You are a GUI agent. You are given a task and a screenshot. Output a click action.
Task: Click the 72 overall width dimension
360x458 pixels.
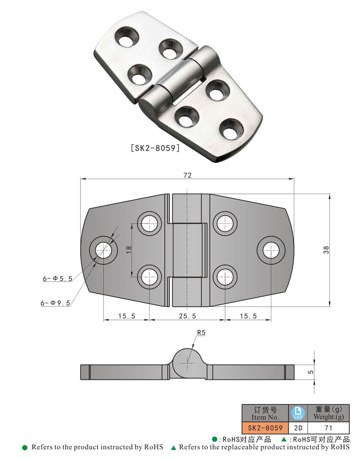click(x=187, y=176)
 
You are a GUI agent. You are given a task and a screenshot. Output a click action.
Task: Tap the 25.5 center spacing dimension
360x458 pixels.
click(x=187, y=316)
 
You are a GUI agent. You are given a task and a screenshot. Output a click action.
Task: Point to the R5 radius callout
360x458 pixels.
click(x=201, y=332)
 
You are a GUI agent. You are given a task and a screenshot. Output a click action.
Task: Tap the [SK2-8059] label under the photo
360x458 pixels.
click(x=155, y=148)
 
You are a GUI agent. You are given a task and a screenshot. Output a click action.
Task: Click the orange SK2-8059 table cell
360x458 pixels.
click(x=265, y=427)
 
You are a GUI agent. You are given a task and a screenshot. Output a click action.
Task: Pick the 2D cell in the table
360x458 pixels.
click(x=298, y=427)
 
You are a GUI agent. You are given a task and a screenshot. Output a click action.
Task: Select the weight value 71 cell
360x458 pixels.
click(x=328, y=427)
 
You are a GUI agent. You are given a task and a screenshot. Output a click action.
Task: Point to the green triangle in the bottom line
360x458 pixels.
click(x=174, y=447)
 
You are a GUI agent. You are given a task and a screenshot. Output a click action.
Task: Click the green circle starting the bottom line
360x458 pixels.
click(x=25, y=447)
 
